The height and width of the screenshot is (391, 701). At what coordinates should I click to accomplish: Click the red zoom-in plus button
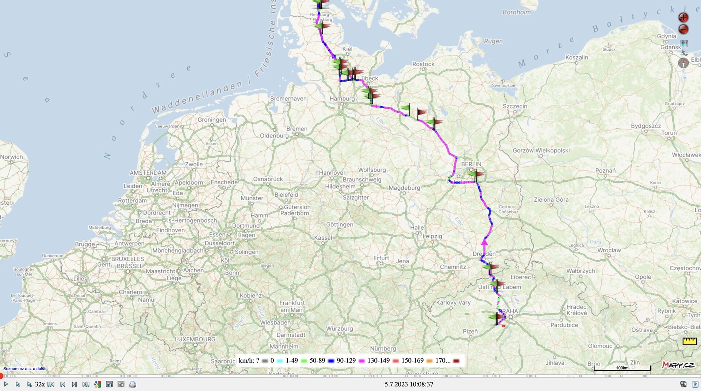pos(683,17)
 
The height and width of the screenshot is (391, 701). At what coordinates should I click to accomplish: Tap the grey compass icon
pos(683,63)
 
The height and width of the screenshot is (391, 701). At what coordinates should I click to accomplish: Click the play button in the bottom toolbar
pos(6,384)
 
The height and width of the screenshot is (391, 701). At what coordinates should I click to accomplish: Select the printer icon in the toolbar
pos(133,384)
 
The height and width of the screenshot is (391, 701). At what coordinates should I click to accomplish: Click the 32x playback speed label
pos(40,384)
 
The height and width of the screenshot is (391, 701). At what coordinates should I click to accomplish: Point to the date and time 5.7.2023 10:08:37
pos(409,384)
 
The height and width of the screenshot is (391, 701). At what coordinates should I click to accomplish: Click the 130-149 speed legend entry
pos(378,361)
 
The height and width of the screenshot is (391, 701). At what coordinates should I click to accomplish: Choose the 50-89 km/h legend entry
pos(317,361)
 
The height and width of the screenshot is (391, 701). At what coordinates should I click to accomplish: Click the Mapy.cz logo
pos(678,365)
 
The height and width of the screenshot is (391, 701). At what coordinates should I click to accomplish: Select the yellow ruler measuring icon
pos(689,341)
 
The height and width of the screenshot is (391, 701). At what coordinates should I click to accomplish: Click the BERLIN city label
pos(471,164)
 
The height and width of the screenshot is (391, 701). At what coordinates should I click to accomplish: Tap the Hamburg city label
pos(342,98)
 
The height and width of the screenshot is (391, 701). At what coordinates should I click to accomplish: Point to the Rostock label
pos(423,64)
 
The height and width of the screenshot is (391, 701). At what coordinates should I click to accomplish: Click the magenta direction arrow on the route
pos(484,241)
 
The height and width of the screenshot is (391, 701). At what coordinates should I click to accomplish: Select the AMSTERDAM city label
pos(148,173)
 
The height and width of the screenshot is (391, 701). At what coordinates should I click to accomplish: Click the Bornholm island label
pos(516,12)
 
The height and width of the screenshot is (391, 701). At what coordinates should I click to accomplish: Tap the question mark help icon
pos(695,384)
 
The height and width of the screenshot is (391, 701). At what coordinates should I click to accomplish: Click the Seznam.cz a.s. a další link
pos(24,369)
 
